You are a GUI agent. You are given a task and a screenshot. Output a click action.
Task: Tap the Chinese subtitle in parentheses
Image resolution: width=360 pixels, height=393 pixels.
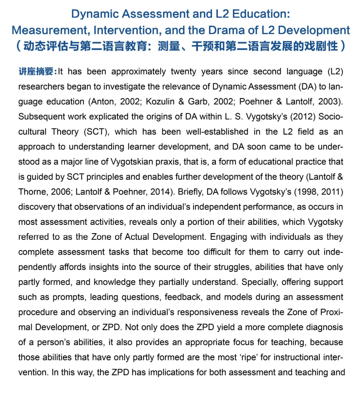tap(180, 47)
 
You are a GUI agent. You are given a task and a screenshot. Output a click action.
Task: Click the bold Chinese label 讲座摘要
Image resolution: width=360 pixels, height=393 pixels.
tap(37, 72)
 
